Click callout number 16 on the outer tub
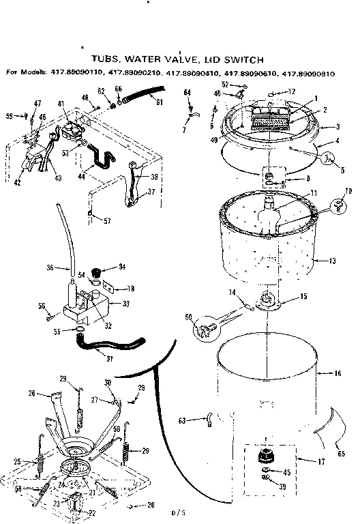click(x=337, y=374)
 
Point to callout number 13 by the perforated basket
click(x=333, y=261)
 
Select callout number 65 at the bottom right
click(x=341, y=453)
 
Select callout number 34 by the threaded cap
click(x=122, y=266)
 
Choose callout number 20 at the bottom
click(x=151, y=506)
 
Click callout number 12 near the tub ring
click(x=291, y=91)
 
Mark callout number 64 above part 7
click(x=187, y=91)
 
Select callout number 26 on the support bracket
click(x=31, y=393)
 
